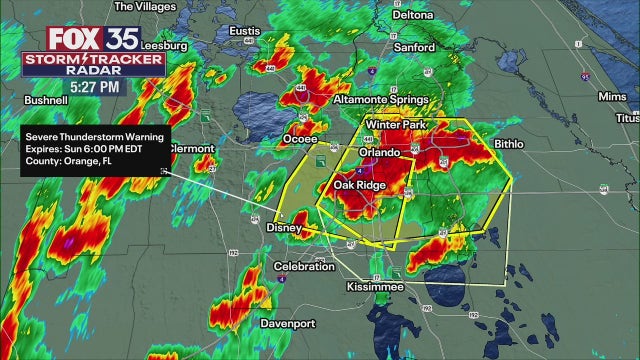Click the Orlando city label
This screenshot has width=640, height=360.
tap(380, 153)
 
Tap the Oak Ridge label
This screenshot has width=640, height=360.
tap(358, 185)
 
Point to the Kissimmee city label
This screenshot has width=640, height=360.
tap(375, 287)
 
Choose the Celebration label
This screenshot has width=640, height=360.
tap(304, 266)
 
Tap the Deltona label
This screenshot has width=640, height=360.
tap(411, 15)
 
